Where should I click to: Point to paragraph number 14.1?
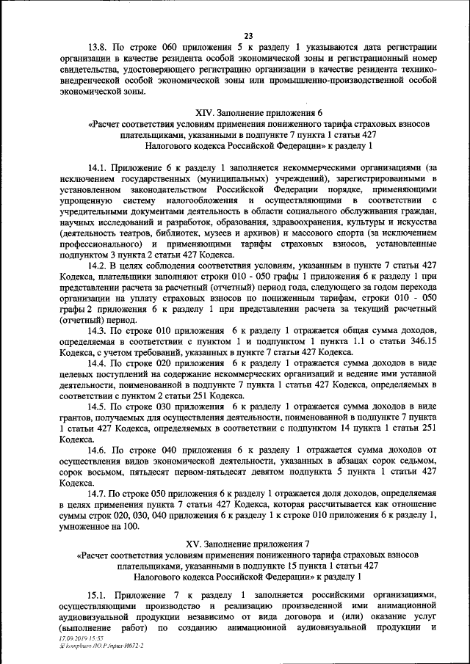coord(98,167)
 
